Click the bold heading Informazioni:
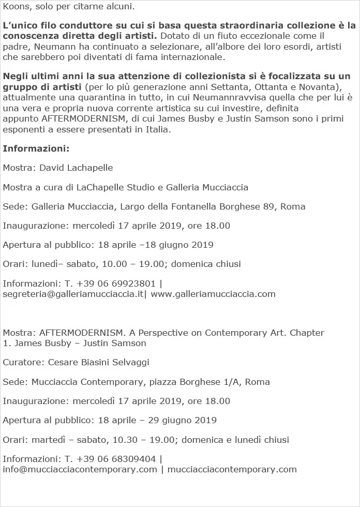click(x=36, y=149)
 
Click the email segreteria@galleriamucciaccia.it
click(x=73, y=294)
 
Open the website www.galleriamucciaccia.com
click(x=213, y=294)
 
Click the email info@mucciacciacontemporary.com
click(x=80, y=469)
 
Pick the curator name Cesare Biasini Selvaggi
click(x=98, y=363)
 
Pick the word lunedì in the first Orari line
click(x=46, y=264)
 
